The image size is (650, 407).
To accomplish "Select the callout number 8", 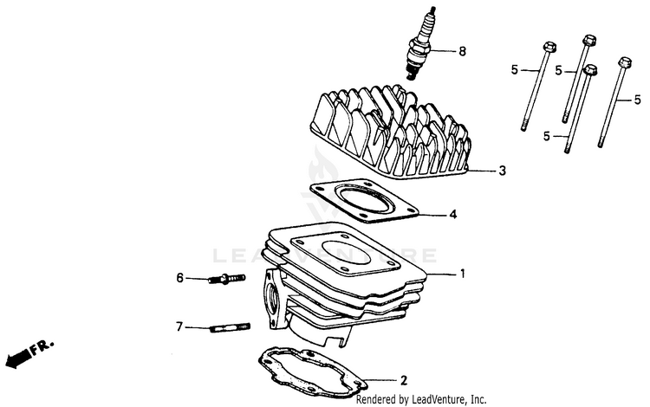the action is pos(462,51).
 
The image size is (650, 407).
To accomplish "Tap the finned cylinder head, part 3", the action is pos(390,132).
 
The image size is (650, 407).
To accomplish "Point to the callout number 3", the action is pos(502,171).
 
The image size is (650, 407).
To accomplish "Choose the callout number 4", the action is pos(453,215).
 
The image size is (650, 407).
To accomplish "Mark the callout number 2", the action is pos(403,380).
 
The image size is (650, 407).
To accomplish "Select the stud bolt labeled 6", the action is pos(226,279).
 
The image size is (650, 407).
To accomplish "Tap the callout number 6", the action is pos(179,278).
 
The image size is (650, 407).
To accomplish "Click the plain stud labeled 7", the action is pos(230,328).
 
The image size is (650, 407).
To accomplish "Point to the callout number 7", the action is pos(179,327).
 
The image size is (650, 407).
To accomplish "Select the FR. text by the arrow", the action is pos(42,346).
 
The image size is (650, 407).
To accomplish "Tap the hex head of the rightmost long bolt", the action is pos(625,63).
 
